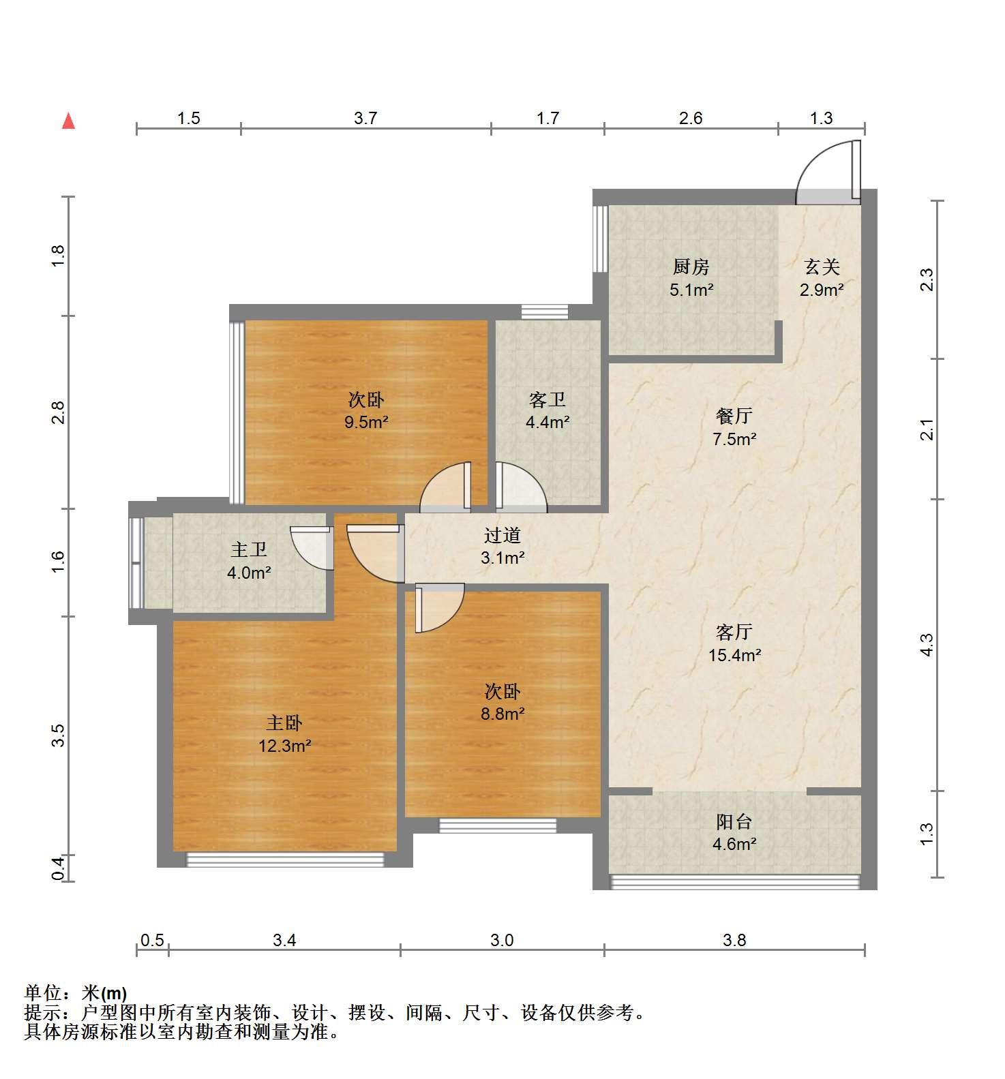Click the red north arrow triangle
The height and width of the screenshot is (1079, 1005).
[x=68, y=121]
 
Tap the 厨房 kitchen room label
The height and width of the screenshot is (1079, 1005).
[x=691, y=267]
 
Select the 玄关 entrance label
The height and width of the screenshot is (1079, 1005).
[x=822, y=267]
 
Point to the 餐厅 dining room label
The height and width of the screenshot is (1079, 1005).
[x=734, y=416]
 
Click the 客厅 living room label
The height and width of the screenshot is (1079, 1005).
[x=734, y=632]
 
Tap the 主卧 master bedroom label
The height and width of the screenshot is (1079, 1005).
[x=284, y=723]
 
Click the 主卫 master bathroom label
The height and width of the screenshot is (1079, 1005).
[x=249, y=549]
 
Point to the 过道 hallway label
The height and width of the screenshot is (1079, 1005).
[x=502, y=535]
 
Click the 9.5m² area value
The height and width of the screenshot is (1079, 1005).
[x=366, y=422]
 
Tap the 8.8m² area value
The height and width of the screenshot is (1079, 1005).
[x=502, y=714]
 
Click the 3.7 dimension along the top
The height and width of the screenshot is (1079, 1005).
[x=365, y=119]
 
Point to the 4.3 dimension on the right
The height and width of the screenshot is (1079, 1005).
[x=926, y=645]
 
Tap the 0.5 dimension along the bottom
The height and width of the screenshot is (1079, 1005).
[x=152, y=941]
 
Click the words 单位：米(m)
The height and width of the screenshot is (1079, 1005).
[x=76, y=993]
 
